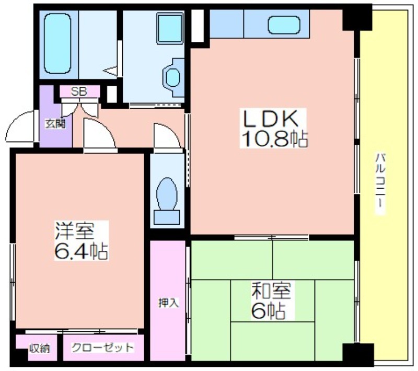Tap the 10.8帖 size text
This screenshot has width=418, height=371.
tap(275, 138)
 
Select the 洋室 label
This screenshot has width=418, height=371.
tap(75, 231)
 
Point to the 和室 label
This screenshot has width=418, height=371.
tap(271, 291)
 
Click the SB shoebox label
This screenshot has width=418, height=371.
tap(79, 91)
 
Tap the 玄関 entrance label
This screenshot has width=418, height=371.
tap(55, 124)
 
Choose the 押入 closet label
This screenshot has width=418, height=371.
tap(168, 303)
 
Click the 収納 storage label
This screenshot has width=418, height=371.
tap(40, 349)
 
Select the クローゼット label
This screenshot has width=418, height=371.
tap(102, 347)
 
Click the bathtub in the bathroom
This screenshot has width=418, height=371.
tap(58, 43)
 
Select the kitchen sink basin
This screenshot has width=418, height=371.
tap(284, 25)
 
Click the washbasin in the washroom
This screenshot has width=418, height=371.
tap(173, 77)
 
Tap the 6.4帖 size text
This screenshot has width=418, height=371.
tap(81, 251)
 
